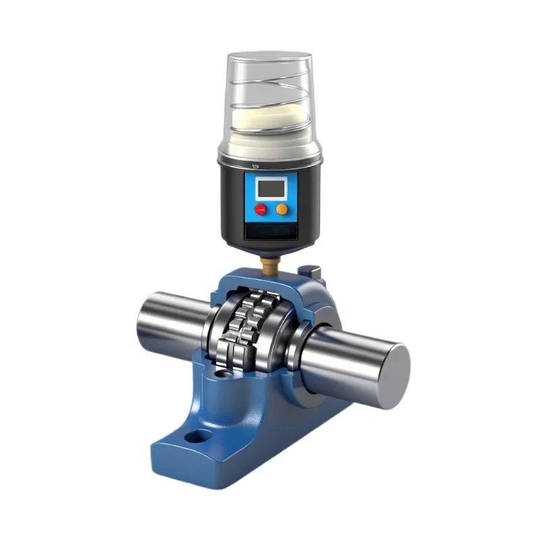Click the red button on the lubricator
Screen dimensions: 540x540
tap(260, 209)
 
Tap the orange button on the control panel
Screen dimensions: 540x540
tap(282, 209)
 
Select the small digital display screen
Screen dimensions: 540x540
tap(271, 188)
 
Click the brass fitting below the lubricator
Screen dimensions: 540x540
tap(269, 267)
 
